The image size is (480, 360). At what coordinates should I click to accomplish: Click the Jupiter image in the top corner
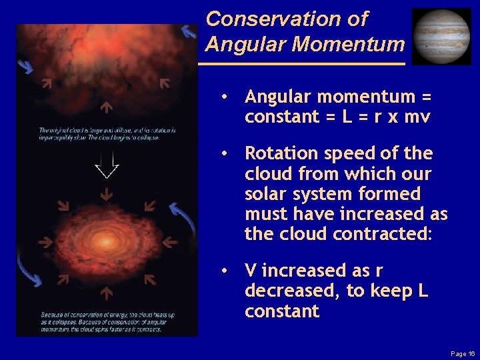coord(441,36)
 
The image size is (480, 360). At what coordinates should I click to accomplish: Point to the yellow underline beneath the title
coord(302,63)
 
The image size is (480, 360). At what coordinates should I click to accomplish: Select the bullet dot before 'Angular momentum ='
coord(227,97)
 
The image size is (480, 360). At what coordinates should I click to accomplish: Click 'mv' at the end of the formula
coord(421,117)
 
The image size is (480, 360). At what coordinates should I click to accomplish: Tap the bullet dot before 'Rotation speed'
coord(227,154)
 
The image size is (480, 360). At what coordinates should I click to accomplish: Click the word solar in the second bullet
coord(265,194)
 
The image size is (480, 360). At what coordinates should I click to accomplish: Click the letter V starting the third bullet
coord(251,271)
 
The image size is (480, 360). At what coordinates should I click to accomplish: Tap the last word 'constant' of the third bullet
coord(282,311)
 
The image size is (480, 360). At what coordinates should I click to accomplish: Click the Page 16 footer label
coord(462,353)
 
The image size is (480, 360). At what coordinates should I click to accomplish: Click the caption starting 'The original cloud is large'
coord(107,133)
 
